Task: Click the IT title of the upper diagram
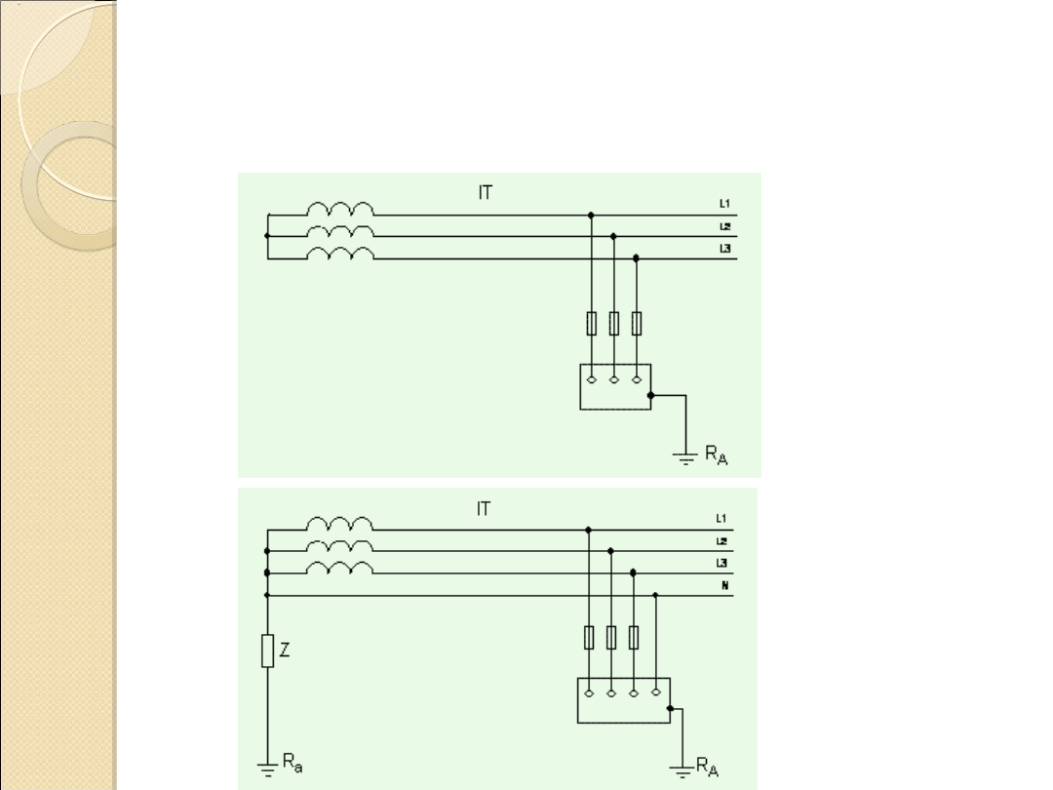tap(485, 193)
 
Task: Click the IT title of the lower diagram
tap(485, 508)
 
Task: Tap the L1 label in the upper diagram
tap(724, 204)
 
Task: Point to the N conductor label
tap(724, 586)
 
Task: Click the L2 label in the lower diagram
tap(724, 541)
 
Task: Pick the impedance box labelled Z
tap(267, 652)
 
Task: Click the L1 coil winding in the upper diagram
tap(339, 210)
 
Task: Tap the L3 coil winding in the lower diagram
tap(339, 569)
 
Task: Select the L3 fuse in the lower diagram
tap(634, 638)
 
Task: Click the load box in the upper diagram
tap(614, 387)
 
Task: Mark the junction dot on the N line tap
tap(655, 594)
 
